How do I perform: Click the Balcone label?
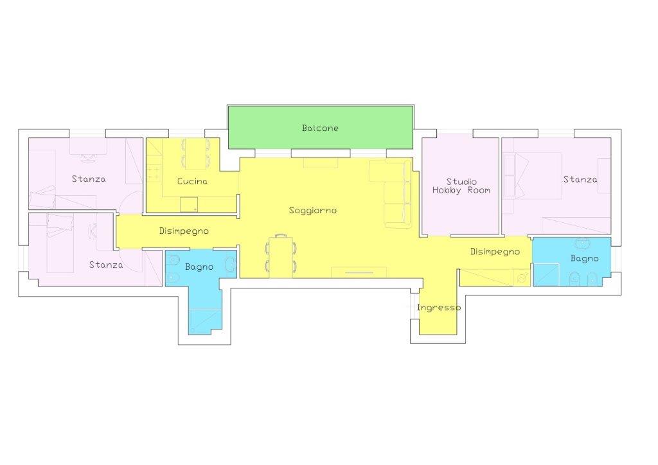pyautogui.click(x=320, y=128)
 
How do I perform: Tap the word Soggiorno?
pyautogui.click(x=313, y=211)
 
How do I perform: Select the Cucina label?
pyautogui.click(x=192, y=181)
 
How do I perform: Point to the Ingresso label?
pyautogui.click(x=439, y=308)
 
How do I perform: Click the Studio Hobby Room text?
pyautogui.click(x=461, y=186)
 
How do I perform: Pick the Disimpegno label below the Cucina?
pyautogui.click(x=184, y=231)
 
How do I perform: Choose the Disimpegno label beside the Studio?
pyautogui.click(x=495, y=252)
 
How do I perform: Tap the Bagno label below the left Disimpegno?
pyautogui.click(x=199, y=267)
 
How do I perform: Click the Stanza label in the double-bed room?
pyautogui.click(x=580, y=179)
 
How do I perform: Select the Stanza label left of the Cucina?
pyautogui.click(x=89, y=179)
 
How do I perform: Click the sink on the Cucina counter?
pyautogui.click(x=189, y=205)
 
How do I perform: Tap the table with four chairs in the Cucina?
pyautogui.click(x=195, y=153)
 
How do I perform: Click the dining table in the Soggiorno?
pyautogui.click(x=281, y=256)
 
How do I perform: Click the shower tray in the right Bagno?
pyautogui.click(x=546, y=275)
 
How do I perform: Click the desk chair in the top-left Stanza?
pyautogui.click(x=87, y=158)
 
